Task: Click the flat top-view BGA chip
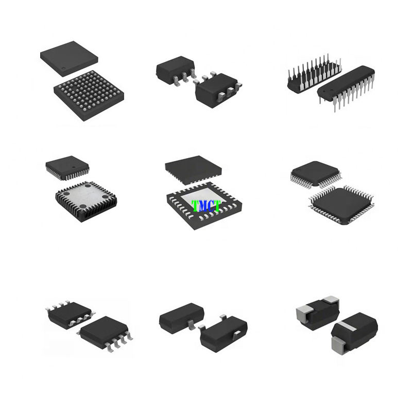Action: click(x=69, y=59)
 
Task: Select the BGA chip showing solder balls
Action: click(x=89, y=95)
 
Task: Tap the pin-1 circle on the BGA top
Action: click(x=63, y=69)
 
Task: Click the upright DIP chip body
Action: click(x=346, y=83)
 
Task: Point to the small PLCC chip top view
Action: click(x=67, y=168)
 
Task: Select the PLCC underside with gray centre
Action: click(x=86, y=201)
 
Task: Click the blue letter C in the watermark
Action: click(x=208, y=206)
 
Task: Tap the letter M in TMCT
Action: click(x=199, y=206)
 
